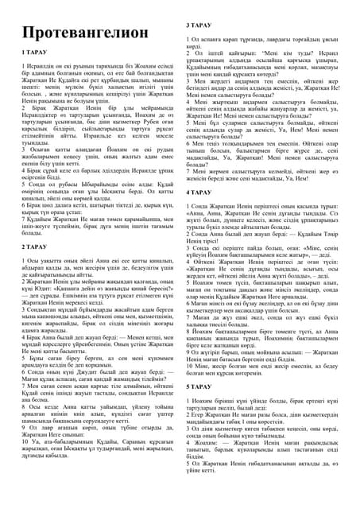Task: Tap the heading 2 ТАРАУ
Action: click(x=33, y=248)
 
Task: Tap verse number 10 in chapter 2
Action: click(x=25, y=463)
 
